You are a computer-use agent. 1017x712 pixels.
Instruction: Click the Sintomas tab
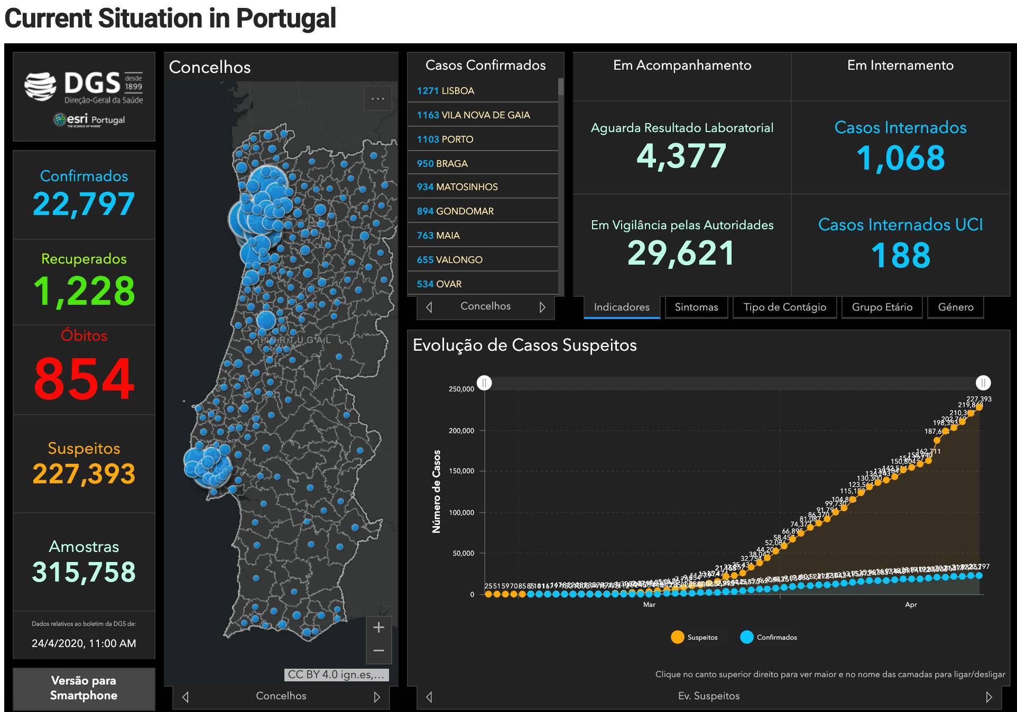pos(696,307)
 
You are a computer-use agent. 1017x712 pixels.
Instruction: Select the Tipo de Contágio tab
pos(784,307)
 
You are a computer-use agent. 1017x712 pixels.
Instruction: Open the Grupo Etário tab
pos(882,307)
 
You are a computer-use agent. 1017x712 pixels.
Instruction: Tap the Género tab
pos(955,307)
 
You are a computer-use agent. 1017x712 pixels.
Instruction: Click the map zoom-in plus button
pos(378,627)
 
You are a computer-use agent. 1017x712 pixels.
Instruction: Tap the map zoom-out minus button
pos(378,651)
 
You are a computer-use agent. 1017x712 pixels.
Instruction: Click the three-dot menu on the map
pos(378,99)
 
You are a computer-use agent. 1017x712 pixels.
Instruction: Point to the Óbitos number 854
pos(84,378)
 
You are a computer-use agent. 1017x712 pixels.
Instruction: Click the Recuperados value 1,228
pos(84,291)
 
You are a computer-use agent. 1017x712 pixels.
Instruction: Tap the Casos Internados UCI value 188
pos(900,256)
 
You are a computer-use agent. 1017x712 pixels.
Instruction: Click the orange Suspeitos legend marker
pos(677,637)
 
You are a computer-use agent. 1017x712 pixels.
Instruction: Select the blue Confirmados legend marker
pos(746,637)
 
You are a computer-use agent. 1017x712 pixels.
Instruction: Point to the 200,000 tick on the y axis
pos(461,430)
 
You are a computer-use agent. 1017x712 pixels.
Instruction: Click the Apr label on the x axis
pos(911,605)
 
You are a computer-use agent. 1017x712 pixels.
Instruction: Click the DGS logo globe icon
pos(40,86)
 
